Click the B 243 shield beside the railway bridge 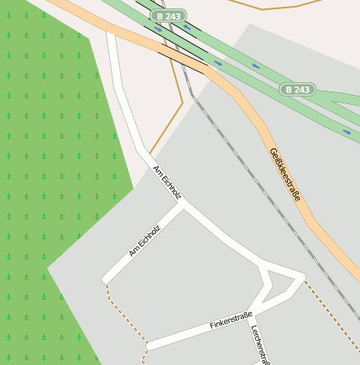click(x=170, y=16)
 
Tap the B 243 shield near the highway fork click(x=297, y=89)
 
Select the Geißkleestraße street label click(x=284, y=175)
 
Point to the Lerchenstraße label click(x=261, y=344)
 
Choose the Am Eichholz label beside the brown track click(x=167, y=183)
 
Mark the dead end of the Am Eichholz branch click(x=107, y=278)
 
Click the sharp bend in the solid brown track click(x=182, y=102)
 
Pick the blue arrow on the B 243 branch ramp click(x=347, y=132)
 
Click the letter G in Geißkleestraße click(x=272, y=153)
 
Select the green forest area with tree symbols click(x=50, y=168)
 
